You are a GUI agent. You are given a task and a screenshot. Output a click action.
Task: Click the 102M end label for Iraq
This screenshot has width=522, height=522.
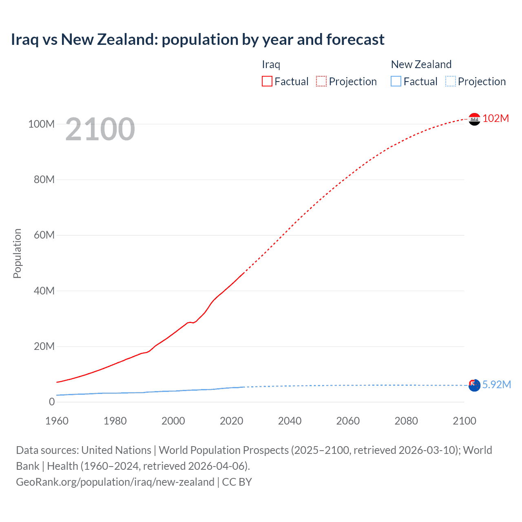click(495, 118)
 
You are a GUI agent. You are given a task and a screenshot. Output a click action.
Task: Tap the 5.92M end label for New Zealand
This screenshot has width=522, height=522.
click(496, 385)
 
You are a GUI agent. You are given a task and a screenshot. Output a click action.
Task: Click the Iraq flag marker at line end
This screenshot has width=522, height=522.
click(474, 119)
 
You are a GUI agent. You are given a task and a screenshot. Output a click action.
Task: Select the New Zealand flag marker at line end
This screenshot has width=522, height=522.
click(474, 385)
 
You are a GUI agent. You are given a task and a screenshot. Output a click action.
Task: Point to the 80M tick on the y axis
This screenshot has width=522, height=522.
click(44, 179)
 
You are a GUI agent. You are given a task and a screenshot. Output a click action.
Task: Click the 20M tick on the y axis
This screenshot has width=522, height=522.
click(44, 346)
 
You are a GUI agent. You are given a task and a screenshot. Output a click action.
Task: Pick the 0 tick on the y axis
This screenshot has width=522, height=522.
click(52, 402)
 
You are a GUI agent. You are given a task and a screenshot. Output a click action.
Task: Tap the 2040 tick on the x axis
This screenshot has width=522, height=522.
click(290, 421)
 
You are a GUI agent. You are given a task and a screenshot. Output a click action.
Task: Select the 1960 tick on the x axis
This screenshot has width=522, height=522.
click(57, 421)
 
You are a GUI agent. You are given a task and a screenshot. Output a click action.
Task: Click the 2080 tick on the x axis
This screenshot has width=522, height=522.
click(406, 421)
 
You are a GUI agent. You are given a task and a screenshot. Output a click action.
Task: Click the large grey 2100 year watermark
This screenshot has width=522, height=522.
click(100, 129)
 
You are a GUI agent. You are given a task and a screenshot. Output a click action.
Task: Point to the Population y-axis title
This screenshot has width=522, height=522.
click(17, 253)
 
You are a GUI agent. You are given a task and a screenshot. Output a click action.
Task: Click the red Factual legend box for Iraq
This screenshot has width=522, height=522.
click(267, 81)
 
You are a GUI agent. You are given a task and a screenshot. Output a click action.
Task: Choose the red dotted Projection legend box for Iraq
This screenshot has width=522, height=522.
click(321, 81)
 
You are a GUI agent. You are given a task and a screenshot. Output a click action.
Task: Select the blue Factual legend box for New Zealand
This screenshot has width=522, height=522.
click(396, 81)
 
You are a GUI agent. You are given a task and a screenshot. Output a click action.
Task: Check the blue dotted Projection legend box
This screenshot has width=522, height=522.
click(451, 81)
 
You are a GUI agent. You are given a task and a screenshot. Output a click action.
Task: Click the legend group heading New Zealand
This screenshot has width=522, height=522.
click(421, 64)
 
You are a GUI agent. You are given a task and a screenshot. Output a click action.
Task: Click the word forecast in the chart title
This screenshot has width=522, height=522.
click(355, 40)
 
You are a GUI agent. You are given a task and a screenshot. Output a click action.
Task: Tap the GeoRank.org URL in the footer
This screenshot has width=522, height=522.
click(115, 482)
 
